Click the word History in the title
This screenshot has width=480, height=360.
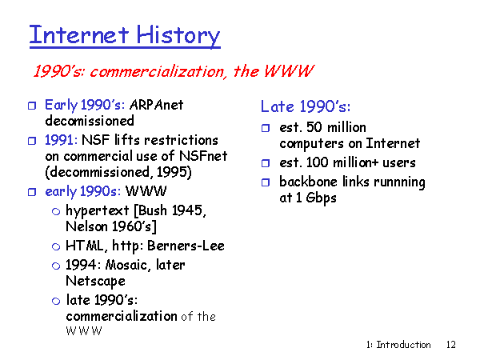click(x=178, y=36)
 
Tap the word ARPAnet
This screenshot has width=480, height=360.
click(x=157, y=105)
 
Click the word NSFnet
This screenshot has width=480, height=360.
click(x=203, y=156)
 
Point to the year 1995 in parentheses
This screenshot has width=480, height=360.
click(x=172, y=172)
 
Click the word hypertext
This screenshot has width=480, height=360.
click(x=98, y=211)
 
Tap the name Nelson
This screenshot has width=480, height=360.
click(x=86, y=226)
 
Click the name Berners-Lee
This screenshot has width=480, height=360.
click(x=186, y=246)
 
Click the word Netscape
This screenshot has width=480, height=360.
click(x=95, y=282)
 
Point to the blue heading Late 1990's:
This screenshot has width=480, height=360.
click(x=306, y=106)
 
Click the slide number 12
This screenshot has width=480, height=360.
click(x=451, y=345)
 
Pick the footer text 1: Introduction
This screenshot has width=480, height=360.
click(x=398, y=345)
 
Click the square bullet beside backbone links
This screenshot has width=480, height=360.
click(x=266, y=182)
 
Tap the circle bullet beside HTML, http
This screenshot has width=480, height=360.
click(x=56, y=246)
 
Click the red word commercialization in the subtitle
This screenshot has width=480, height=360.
click(x=158, y=72)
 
